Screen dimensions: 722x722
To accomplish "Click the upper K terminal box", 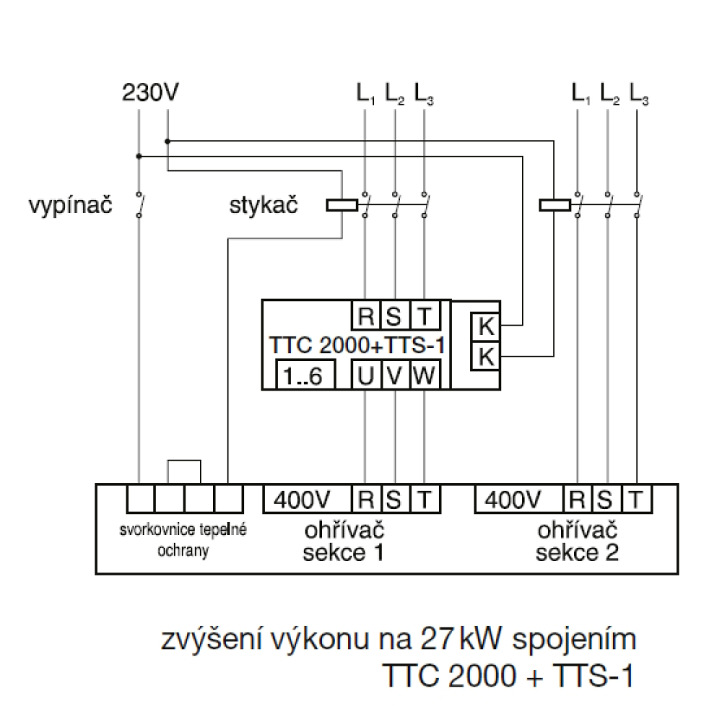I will (486, 327).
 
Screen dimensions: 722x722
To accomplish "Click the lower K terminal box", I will (486, 356).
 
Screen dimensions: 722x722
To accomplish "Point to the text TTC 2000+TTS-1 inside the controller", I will (355, 344).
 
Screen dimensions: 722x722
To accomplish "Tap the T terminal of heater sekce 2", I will (635, 498).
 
